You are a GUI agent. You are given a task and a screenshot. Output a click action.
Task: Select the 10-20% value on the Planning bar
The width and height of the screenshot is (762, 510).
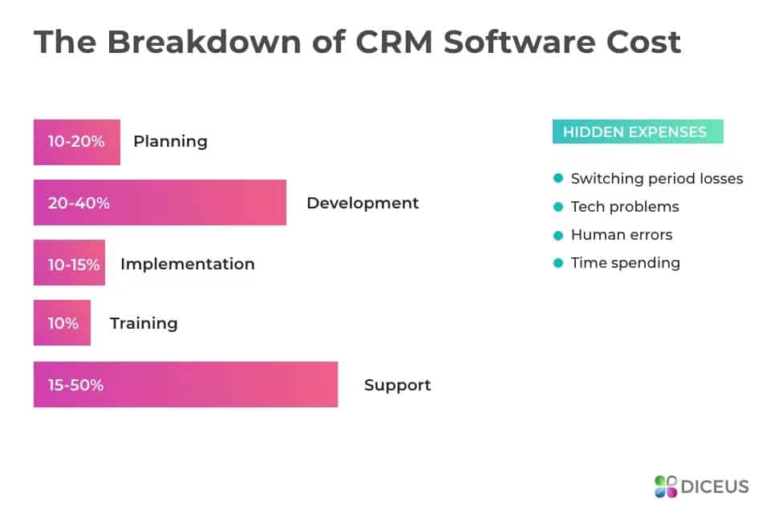pyautogui.click(x=76, y=142)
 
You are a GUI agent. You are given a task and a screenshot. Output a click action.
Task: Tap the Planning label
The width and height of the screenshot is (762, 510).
pyautogui.click(x=170, y=142)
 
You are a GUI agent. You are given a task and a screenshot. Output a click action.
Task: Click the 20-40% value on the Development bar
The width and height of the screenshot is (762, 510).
pyautogui.click(x=79, y=203)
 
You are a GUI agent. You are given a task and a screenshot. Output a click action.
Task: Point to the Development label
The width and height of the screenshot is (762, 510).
pyautogui.click(x=363, y=203)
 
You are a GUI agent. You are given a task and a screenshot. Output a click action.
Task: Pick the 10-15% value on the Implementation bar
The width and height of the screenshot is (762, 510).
pyautogui.click(x=73, y=264)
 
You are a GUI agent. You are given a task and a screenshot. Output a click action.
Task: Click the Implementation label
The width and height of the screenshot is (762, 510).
pyautogui.click(x=188, y=264)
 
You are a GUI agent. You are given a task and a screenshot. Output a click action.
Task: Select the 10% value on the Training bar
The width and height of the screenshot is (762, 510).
pyautogui.click(x=63, y=323)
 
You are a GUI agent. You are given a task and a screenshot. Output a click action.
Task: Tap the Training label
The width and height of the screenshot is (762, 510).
pyautogui.click(x=144, y=323)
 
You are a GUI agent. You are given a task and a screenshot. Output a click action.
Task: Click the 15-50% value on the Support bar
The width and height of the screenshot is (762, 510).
pyautogui.click(x=76, y=385)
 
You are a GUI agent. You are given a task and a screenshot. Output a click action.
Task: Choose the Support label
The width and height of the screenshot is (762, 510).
pyautogui.click(x=397, y=385)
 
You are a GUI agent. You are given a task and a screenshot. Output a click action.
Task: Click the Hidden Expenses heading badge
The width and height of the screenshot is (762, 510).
pyautogui.click(x=638, y=132)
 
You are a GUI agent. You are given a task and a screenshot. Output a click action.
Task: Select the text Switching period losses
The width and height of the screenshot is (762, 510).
pyautogui.click(x=657, y=179)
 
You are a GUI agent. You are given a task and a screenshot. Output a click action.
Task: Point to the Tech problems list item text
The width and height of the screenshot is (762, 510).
pyautogui.click(x=625, y=207)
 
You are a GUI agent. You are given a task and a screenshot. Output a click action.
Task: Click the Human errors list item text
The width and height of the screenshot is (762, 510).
pyautogui.click(x=622, y=235)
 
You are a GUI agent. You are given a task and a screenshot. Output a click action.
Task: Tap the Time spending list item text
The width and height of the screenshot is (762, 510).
pyautogui.click(x=626, y=263)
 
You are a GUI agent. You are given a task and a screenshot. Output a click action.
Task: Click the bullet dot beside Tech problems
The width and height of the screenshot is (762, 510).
pyautogui.click(x=558, y=207)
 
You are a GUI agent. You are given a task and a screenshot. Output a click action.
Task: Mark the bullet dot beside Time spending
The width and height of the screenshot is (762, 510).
pyautogui.click(x=558, y=263)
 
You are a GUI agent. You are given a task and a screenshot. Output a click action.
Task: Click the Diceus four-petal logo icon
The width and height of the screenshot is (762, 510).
pyautogui.click(x=666, y=486)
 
